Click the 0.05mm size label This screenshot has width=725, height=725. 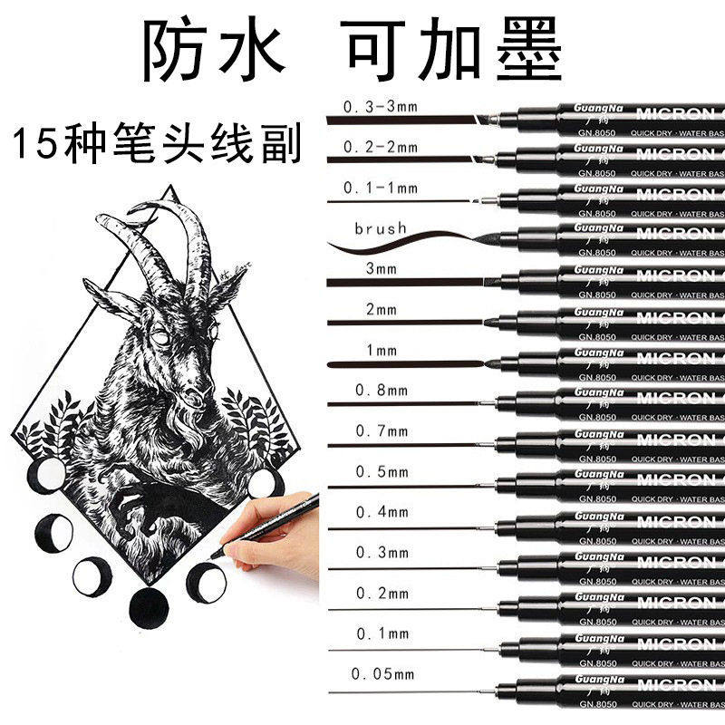(383, 673)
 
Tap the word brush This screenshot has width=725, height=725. (382, 229)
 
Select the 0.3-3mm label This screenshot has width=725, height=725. (380, 108)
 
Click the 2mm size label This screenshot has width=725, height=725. (382, 310)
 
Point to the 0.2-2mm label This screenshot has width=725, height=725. (380, 148)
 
